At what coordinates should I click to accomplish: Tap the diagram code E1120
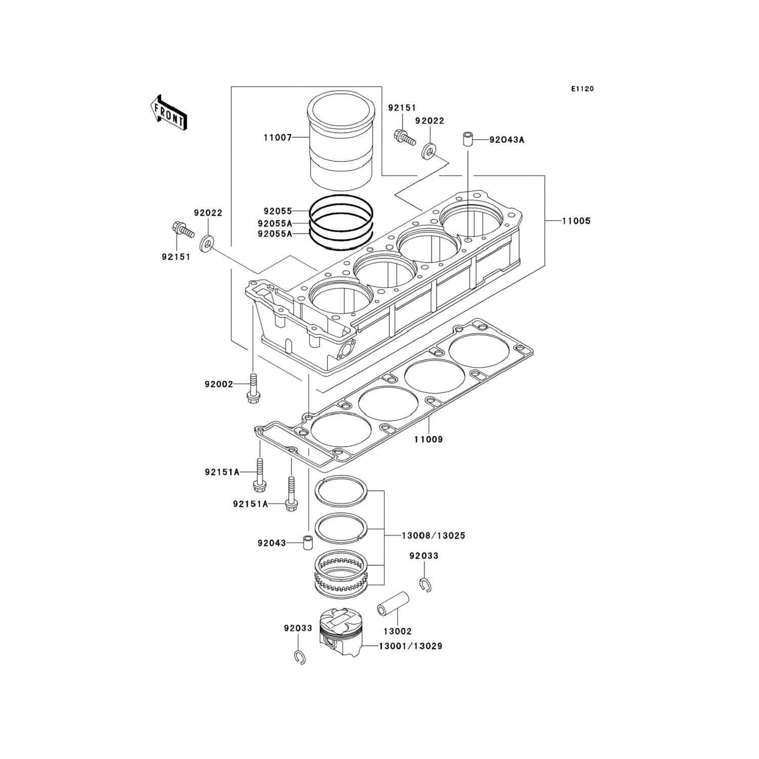click(582, 89)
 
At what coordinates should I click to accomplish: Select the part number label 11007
click(277, 137)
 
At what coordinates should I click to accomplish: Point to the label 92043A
click(507, 140)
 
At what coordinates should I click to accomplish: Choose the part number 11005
click(576, 221)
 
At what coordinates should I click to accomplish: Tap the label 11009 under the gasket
click(429, 440)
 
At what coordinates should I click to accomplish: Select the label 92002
click(219, 384)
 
